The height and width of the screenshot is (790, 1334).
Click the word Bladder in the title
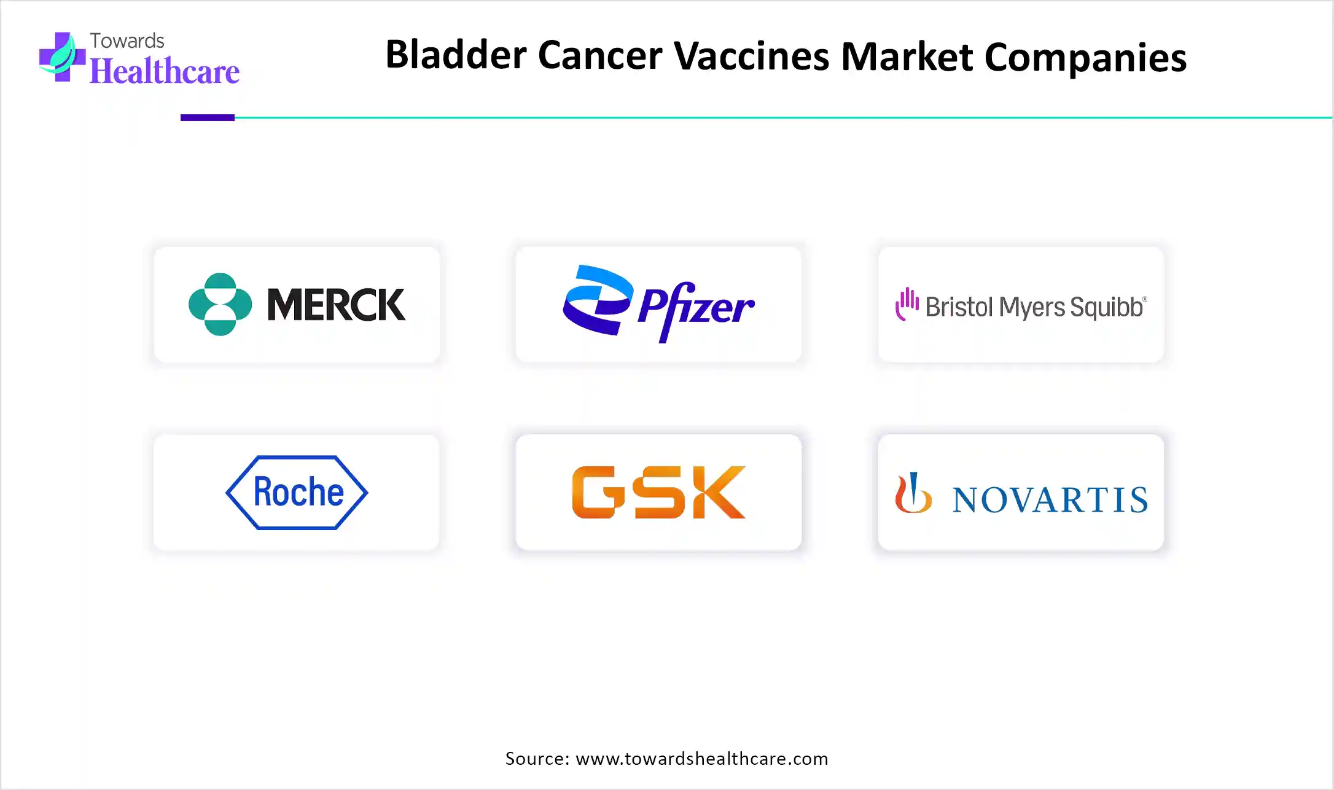tap(456, 55)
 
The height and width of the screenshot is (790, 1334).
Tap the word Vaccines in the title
tap(752, 55)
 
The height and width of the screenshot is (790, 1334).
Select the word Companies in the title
tap(1085, 58)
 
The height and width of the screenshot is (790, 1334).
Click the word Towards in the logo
tap(127, 41)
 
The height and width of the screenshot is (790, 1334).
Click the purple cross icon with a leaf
tap(62, 57)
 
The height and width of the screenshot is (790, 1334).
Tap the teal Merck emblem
tap(220, 304)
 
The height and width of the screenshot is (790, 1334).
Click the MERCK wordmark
tap(337, 305)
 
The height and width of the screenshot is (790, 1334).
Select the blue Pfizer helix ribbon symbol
tap(598, 300)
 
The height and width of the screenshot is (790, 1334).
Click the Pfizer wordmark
tap(696, 310)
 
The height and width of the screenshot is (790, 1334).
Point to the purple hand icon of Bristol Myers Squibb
tap(907, 303)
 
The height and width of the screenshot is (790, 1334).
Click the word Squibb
tap(1108, 307)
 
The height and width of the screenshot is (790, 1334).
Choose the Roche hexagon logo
tap(297, 493)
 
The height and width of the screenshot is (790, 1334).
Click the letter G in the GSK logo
tap(594, 492)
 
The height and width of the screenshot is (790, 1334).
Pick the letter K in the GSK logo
tap(719, 492)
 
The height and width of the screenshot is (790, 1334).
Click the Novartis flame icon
tap(913, 493)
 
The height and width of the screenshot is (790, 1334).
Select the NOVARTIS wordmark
tap(1050, 499)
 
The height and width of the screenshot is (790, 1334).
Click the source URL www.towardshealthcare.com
tap(702, 759)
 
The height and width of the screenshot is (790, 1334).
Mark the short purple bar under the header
tap(208, 117)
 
